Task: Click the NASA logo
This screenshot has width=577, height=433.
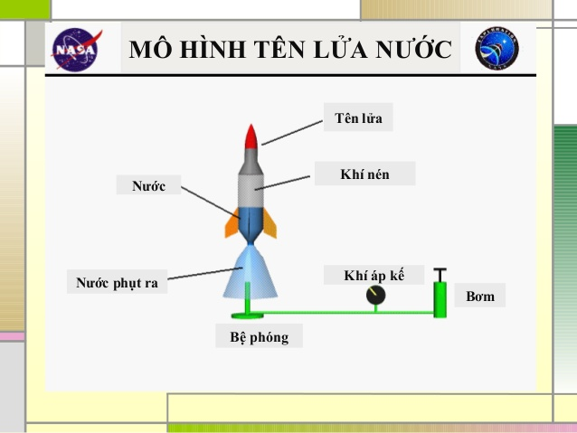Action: click(x=76, y=49)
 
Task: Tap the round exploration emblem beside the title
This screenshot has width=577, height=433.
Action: click(x=497, y=48)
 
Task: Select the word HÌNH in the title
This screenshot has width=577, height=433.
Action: click(x=213, y=49)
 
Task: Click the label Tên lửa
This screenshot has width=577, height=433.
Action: click(x=358, y=118)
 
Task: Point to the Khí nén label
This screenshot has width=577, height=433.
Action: click(x=364, y=174)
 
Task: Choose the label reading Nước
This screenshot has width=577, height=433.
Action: click(x=148, y=185)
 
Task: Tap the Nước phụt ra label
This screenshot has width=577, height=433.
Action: click(x=117, y=283)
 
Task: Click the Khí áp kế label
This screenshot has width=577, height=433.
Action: click(x=374, y=275)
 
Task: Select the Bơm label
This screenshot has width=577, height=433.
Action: click(x=480, y=296)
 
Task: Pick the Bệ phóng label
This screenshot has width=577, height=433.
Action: click(x=259, y=336)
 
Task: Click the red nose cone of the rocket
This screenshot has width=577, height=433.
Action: click(x=251, y=136)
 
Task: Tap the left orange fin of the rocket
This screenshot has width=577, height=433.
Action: click(x=232, y=223)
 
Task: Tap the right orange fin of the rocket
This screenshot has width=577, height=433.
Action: click(x=270, y=223)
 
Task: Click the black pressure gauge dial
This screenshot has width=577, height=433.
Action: click(x=375, y=295)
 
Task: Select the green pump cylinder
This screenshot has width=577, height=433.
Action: click(x=440, y=299)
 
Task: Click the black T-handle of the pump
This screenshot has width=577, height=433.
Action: click(x=440, y=275)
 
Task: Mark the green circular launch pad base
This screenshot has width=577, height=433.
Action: click(x=247, y=315)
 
